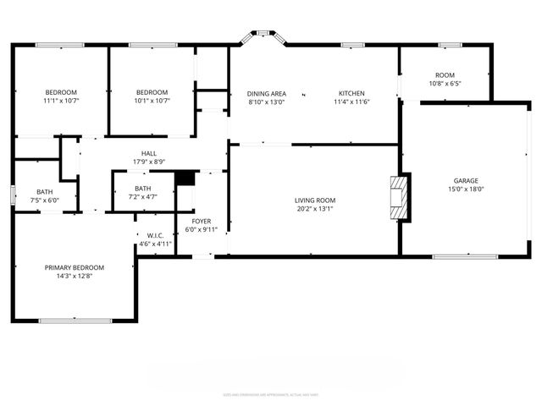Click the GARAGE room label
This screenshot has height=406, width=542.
466,181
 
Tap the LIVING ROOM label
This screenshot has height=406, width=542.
315,200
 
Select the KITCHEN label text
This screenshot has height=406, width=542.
351,93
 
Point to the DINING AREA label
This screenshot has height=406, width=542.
267,93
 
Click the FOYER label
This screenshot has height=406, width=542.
200,221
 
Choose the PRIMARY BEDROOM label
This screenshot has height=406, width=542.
75,267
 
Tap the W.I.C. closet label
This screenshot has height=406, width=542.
155,235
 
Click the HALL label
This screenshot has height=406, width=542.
148,153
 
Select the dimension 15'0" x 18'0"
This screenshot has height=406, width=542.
466,190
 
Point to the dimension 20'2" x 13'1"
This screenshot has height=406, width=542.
315,210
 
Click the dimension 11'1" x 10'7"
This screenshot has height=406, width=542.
61,101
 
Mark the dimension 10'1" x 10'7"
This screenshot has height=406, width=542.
152,101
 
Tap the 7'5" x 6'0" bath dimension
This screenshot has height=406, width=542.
45,200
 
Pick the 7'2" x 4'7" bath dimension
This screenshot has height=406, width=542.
142,197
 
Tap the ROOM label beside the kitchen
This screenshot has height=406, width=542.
445,75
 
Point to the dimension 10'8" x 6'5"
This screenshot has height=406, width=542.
445,84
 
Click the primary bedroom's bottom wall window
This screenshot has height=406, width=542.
75,321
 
